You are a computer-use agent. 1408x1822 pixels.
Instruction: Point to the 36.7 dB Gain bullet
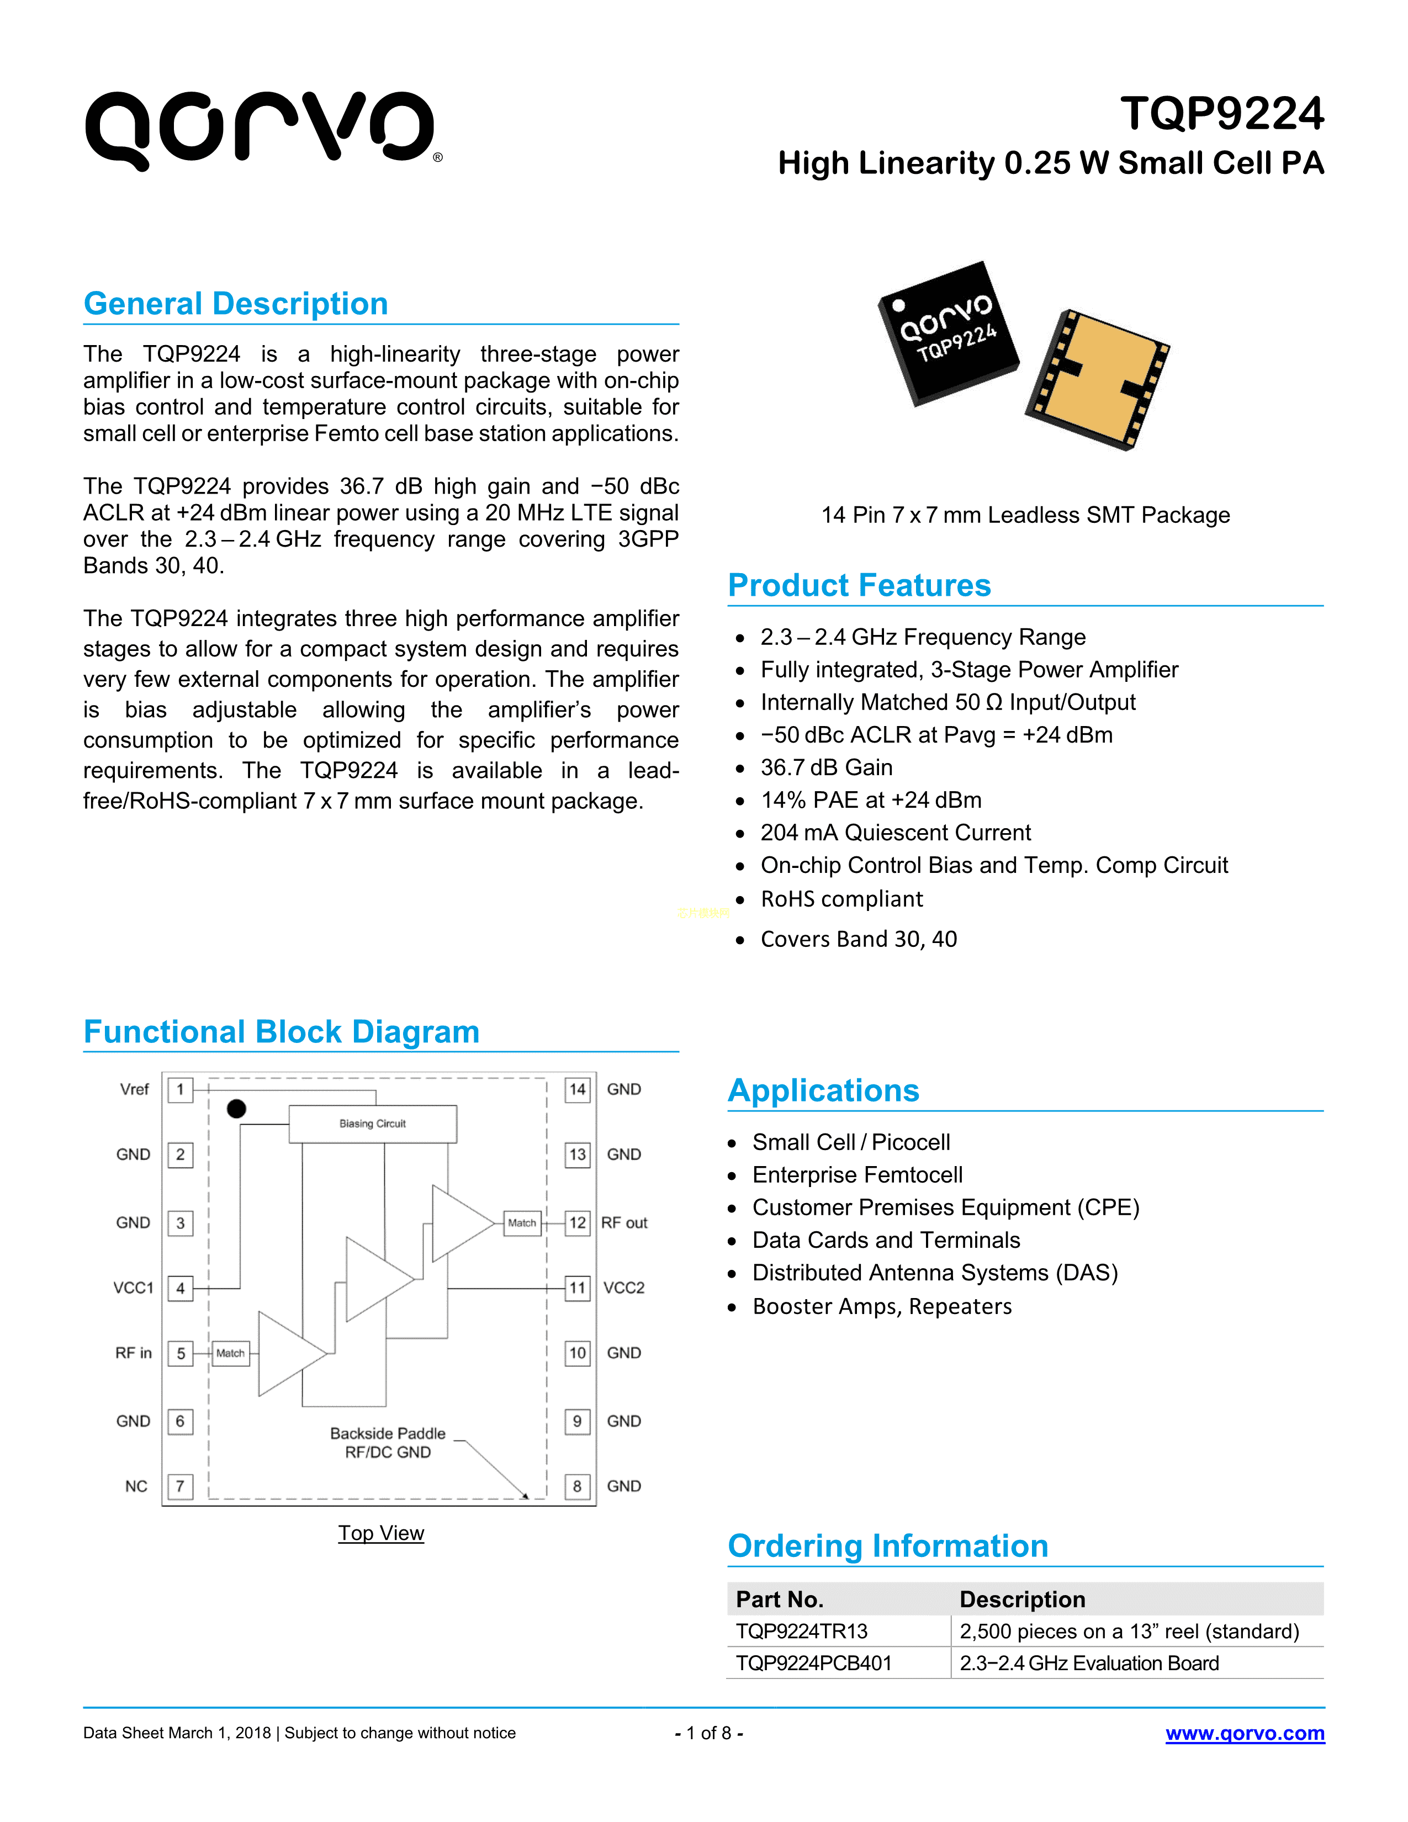[826, 767]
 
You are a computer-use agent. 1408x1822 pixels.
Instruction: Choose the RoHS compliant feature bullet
[841, 899]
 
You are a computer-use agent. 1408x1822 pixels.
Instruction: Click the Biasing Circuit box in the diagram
[372, 1124]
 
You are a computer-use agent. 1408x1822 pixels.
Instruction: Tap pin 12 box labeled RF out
[577, 1223]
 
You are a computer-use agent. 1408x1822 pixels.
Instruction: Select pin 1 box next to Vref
[180, 1089]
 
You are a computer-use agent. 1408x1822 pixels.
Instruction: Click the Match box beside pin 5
[230, 1353]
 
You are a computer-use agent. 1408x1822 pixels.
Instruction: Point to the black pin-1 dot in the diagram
[237, 1109]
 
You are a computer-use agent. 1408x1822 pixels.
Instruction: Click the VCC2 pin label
[624, 1288]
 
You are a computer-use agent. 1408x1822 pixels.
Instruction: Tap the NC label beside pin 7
[136, 1487]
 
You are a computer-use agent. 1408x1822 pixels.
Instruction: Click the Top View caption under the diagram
[381, 1533]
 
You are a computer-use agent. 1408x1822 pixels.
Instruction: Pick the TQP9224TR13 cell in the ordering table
[802, 1631]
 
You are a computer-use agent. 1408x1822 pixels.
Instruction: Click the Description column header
[1023, 1599]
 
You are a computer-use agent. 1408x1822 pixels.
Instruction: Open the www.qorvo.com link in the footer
[1245, 1734]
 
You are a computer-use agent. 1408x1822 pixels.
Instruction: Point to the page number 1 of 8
[708, 1734]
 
